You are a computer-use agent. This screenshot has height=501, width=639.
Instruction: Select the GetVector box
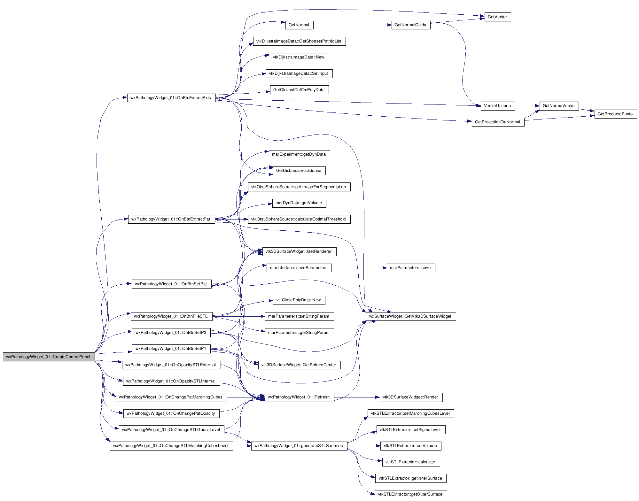click(498, 17)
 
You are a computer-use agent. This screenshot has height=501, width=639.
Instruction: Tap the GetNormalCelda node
click(411, 25)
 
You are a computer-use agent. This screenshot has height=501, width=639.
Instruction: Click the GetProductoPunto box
click(615, 114)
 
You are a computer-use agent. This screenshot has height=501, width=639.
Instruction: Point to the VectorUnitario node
click(498, 106)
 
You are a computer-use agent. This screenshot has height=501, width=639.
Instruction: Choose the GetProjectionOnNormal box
click(498, 122)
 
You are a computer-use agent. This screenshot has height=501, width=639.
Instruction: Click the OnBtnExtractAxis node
click(171, 98)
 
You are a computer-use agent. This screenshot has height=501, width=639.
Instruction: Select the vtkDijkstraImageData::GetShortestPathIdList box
click(299, 41)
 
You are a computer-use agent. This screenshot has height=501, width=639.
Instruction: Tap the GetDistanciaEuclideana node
click(299, 171)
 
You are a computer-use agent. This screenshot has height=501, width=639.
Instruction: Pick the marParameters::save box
click(411, 268)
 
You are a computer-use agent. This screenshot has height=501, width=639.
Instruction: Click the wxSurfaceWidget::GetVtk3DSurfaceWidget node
click(411, 316)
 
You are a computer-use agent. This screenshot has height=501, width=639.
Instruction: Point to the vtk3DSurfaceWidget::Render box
click(411, 397)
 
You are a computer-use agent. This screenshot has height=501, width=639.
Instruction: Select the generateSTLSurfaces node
click(299, 446)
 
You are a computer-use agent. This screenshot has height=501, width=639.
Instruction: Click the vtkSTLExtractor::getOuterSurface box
click(411, 494)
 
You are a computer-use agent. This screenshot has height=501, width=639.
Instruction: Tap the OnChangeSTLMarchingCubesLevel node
click(171, 446)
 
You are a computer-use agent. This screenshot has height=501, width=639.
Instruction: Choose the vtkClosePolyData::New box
click(299, 300)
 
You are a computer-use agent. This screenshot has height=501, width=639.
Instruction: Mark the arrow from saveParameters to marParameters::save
click(359, 268)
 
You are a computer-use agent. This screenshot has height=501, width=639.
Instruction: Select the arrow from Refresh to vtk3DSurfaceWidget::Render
click(357, 397)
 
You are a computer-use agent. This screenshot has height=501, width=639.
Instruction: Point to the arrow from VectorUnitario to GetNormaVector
click(527, 106)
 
